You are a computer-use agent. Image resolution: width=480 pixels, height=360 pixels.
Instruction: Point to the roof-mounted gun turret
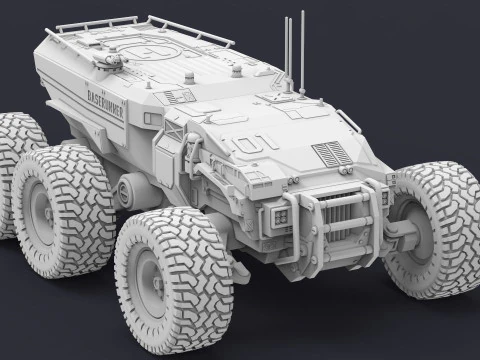[x=107, y=60]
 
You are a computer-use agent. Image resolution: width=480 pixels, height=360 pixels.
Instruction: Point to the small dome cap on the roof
[x=237, y=72]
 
